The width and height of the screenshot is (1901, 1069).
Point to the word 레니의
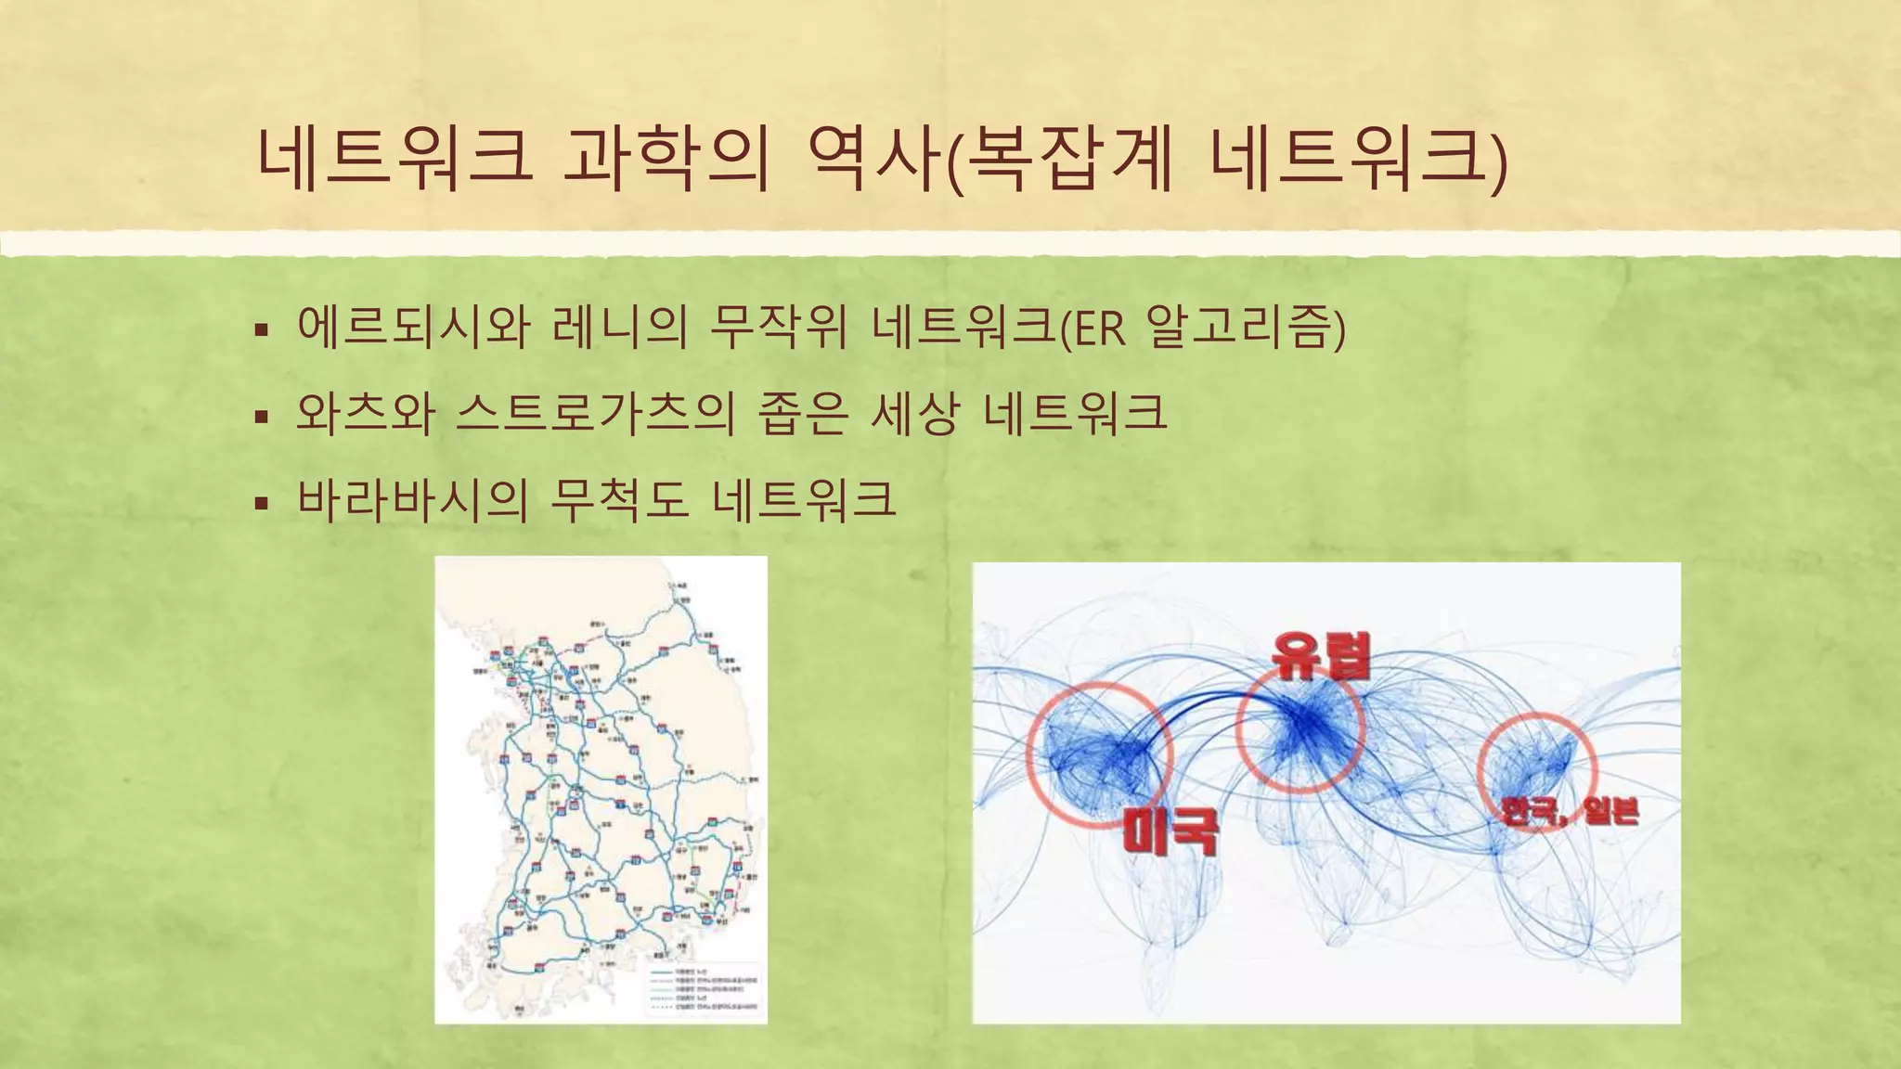tap(619, 327)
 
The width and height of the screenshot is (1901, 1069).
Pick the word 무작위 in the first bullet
tap(778, 327)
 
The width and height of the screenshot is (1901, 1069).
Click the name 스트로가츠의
tap(595, 413)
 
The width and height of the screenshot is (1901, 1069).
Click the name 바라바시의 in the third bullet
tap(412, 499)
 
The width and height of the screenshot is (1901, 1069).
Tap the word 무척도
tap(619, 499)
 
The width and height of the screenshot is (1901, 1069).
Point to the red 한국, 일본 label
tap(1570, 811)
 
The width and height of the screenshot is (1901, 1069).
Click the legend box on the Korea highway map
tap(702, 987)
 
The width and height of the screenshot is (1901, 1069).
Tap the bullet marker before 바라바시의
tap(262, 503)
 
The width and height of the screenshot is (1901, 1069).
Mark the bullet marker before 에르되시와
tap(262, 330)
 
